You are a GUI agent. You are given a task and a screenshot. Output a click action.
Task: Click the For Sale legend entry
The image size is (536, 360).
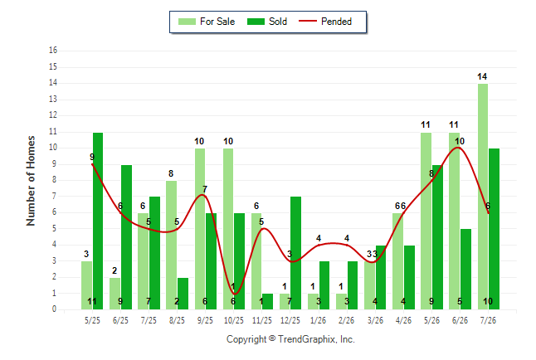(x=207, y=22)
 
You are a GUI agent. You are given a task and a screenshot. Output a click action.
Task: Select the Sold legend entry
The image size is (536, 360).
(x=267, y=22)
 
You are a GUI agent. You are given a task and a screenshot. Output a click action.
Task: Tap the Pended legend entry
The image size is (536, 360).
(x=325, y=22)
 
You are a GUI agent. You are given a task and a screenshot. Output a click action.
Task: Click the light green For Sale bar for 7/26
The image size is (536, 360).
(x=483, y=197)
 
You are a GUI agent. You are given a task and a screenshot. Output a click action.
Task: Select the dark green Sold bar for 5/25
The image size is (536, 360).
(x=98, y=221)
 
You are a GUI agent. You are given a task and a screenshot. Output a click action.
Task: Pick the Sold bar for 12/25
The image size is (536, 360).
(x=295, y=253)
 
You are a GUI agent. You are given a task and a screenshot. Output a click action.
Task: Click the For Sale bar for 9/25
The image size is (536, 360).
(x=200, y=229)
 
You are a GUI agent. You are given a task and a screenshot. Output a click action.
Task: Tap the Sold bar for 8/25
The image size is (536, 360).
(x=183, y=294)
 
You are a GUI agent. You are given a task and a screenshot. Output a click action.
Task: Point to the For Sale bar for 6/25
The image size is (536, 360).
(x=115, y=294)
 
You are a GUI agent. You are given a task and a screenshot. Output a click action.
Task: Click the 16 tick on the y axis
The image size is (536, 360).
(x=53, y=51)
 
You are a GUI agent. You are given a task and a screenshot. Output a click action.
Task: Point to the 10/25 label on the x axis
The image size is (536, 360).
(x=234, y=320)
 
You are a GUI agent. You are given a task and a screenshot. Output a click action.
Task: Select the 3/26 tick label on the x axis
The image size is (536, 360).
(x=375, y=320)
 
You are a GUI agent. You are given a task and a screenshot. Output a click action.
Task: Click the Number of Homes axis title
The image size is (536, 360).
(x=31, y=181)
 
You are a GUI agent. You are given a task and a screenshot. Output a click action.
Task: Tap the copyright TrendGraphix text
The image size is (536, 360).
(x=290, y=339)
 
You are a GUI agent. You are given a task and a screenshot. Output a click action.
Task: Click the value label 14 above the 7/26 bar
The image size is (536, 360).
(x=482, y=76)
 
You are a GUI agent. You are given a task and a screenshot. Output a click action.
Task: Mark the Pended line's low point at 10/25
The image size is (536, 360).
(x=235, y=294)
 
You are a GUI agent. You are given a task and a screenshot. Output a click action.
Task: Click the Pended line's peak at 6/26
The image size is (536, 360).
(x=457, y=148)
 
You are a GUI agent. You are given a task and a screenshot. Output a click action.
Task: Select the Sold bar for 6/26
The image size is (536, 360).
(x=465, y=269)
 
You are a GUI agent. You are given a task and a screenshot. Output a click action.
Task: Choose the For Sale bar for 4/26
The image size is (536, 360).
(x=398, y=261)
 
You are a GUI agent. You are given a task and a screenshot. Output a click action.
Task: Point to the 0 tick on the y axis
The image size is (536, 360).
(x=54, y=309)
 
